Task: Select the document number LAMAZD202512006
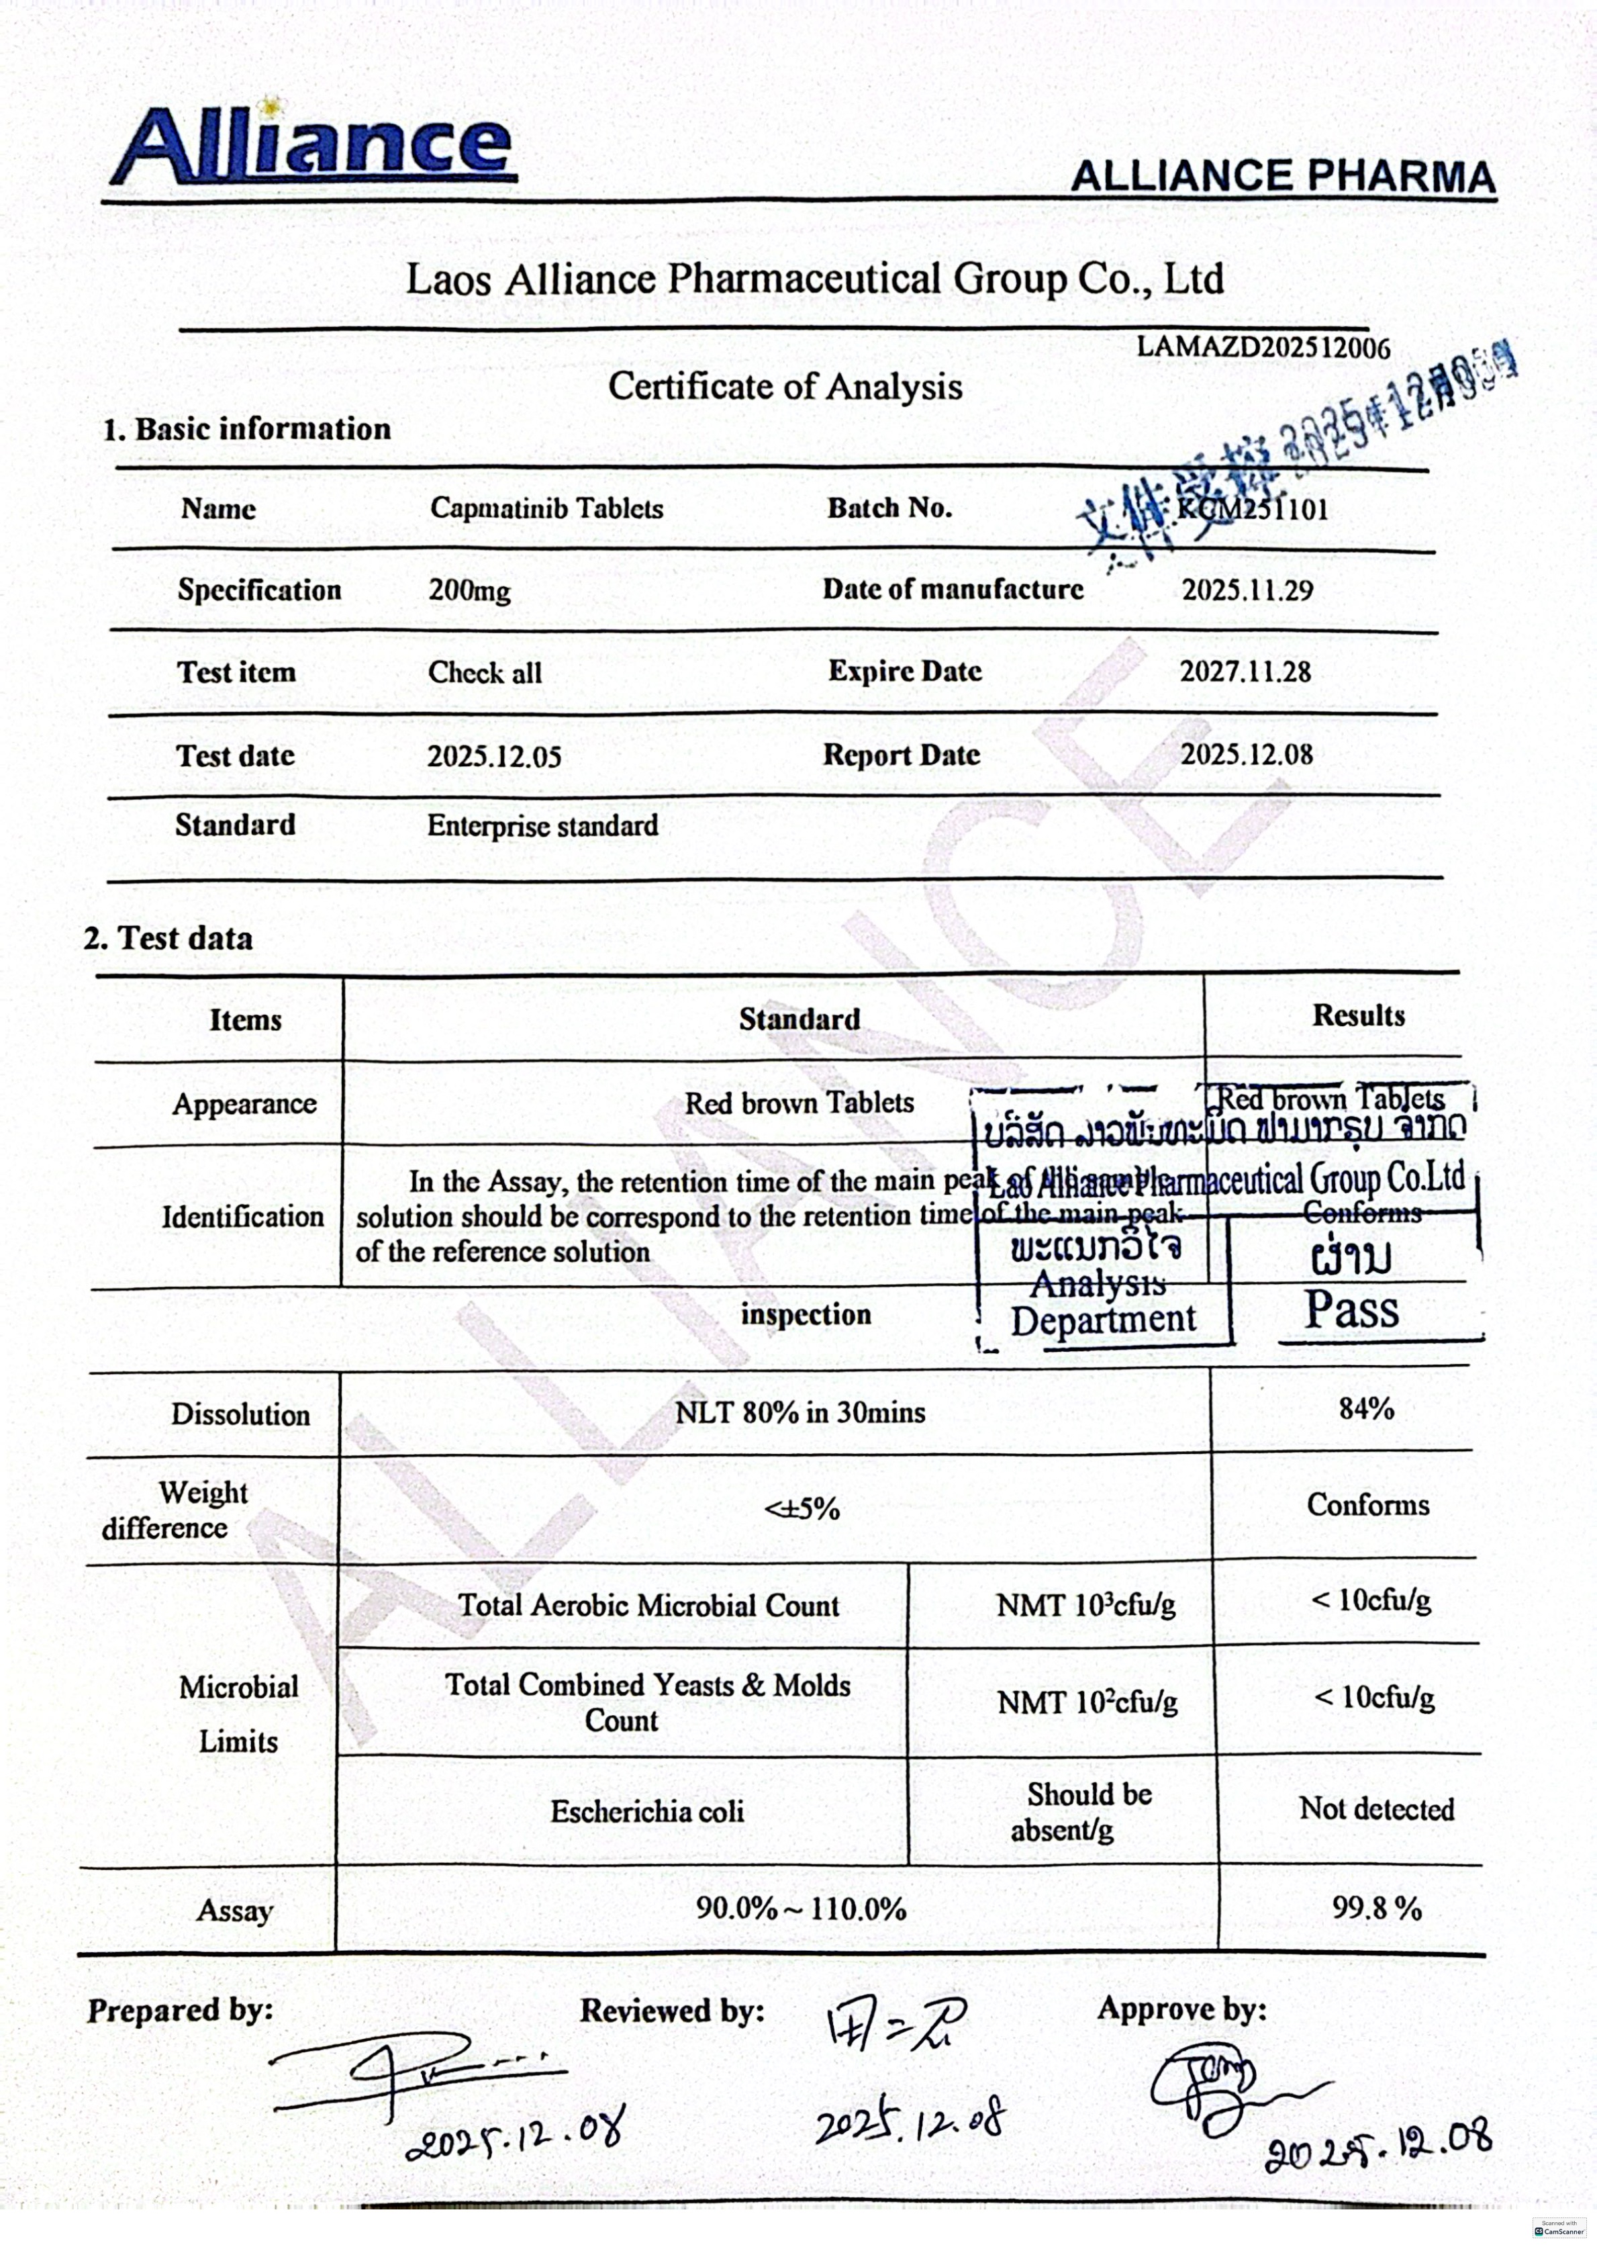1263,347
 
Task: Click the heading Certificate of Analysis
785,385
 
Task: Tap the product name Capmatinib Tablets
546,508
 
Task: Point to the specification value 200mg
469,590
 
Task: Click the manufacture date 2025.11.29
1247,590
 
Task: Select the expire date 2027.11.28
1245,672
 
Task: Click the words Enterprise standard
542,825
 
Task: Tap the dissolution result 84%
1366,1410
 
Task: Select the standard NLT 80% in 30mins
800,1413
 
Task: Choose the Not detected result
1375,1808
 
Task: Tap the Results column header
1358,1015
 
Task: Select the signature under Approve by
1219,2091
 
